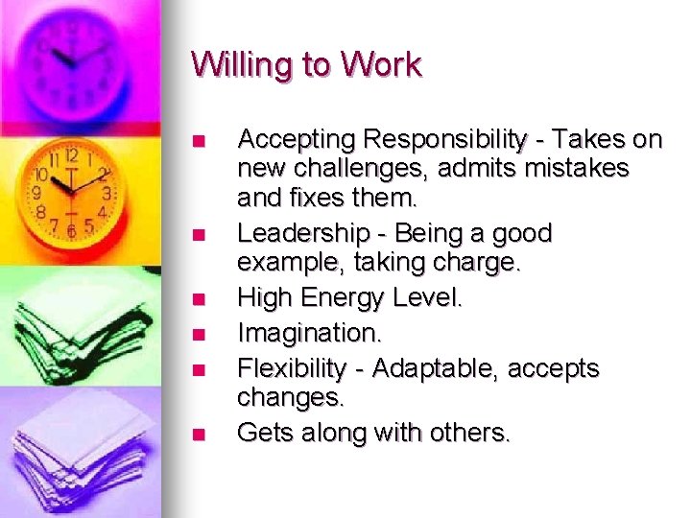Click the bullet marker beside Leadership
coord(198,234)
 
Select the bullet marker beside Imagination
coord(198,334)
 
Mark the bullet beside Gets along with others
coord(198,434)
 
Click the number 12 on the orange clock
coord(71,154)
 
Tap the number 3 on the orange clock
coord(107,193)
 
